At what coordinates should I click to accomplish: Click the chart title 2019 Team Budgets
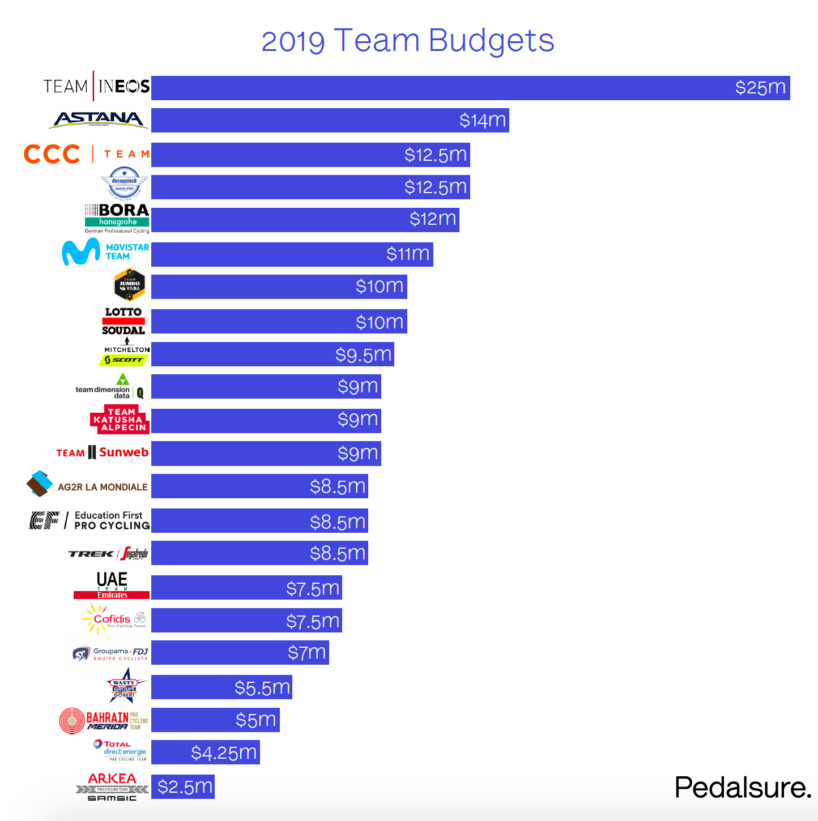(x=408, y=41)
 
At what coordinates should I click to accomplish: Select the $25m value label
(x=760, y=88)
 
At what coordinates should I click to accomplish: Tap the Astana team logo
(x=100, y=119)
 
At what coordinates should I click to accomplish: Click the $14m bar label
(x=482, y=121)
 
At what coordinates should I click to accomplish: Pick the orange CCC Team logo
(x=87, y=154)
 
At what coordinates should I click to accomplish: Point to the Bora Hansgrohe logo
(x=117, y=219)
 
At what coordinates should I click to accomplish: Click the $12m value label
(x=433, y=220)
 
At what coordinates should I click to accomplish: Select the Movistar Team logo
(x=105, y=252)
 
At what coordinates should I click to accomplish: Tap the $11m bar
(x=292, y=254)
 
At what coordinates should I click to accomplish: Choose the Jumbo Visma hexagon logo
(x=130, y=285)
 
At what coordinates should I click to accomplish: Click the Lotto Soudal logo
(x=123, y=321)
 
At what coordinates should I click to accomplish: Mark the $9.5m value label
(x=363, y=355)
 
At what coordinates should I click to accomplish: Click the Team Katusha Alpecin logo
(x=120, y=420)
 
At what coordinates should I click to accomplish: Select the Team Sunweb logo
(x=103, y=452)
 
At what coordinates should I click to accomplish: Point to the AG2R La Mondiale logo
(x=87, y=485)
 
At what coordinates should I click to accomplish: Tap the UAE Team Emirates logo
(x=112, y=585)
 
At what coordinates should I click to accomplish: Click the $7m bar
(x=240, y=653)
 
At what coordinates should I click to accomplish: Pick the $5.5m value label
(x=262, y=688)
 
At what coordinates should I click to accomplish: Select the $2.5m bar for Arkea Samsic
(x=183, y=787)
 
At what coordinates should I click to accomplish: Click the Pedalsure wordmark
(x=743, y=788)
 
